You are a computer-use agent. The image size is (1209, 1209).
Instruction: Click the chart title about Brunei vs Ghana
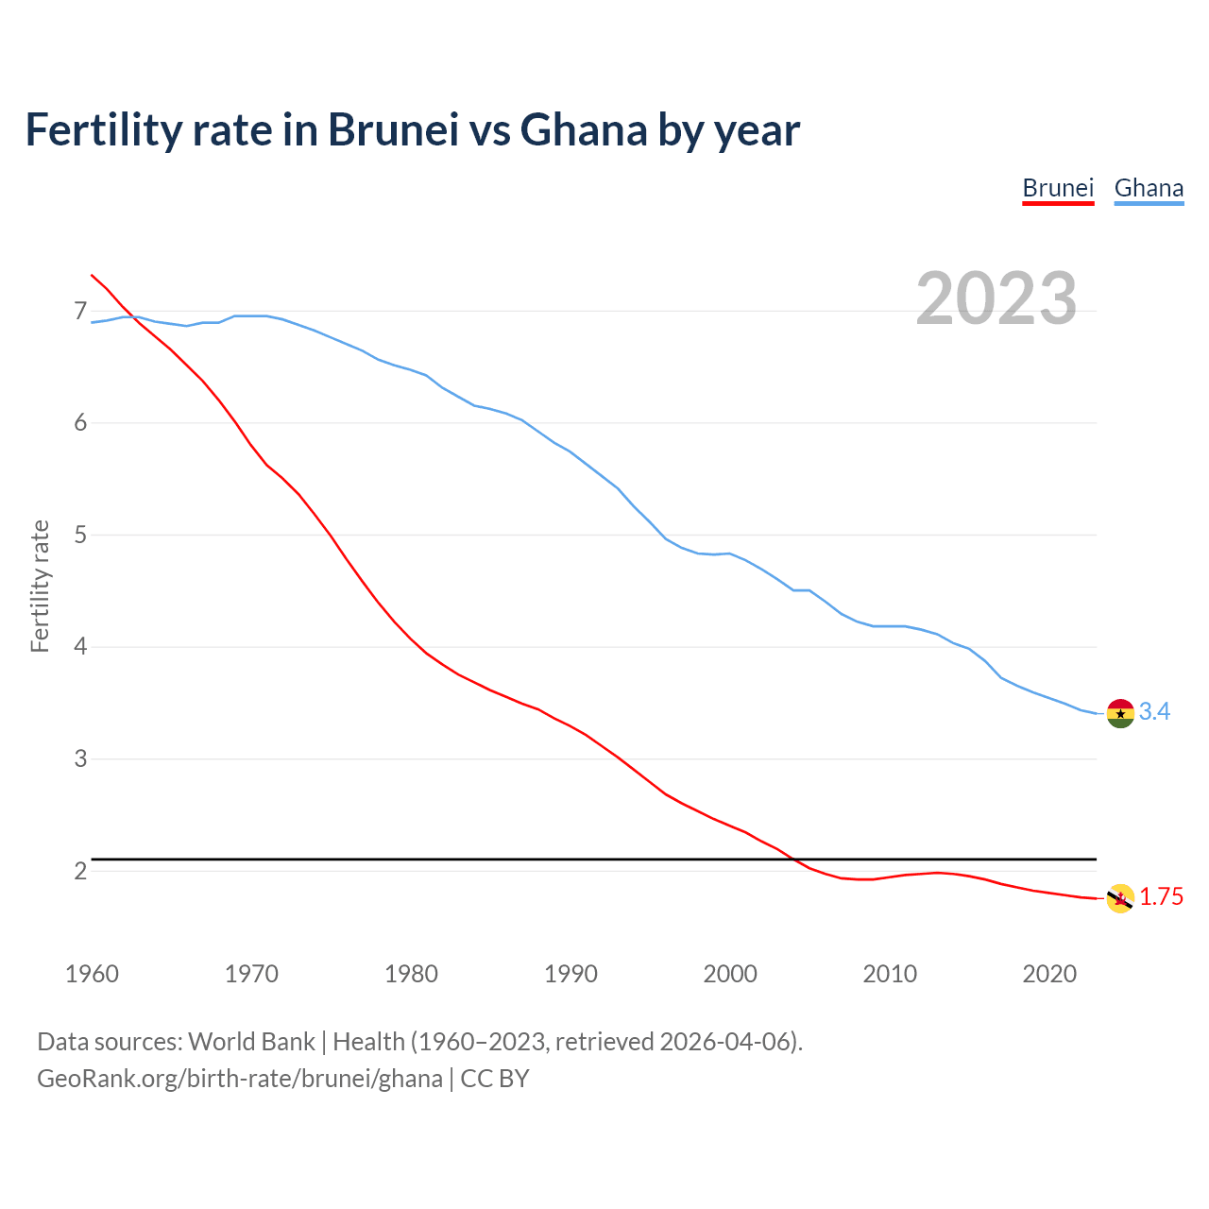tap(413, 129)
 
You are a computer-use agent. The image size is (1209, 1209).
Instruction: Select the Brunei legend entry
tap(1058, 188)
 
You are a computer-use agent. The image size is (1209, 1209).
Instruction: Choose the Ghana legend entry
tap(1149, 188)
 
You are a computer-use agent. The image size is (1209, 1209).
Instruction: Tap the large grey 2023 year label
tap(996, 298)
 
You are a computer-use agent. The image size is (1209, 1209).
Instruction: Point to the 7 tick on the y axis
tap(79, 311)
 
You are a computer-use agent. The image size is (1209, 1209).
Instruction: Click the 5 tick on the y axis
tap(79, 535)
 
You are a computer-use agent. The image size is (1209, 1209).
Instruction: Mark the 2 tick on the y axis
tap(79, 871)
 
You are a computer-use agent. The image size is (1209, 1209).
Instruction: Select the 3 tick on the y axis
tap(79, 758)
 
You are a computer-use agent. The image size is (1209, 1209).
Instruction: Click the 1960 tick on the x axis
tap(92, 974)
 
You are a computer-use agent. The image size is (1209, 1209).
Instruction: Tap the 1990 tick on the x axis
tap(570, 974)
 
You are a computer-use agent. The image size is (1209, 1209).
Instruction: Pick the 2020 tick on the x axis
tap(1049, 974)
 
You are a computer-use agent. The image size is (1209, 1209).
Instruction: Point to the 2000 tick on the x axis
tap(730, 974)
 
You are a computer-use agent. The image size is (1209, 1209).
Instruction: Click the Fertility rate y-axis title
tap(40, 586)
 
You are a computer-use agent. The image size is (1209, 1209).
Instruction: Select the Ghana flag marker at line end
tap(1120, 713)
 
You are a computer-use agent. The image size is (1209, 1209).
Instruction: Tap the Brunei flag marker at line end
tap(1120, 898)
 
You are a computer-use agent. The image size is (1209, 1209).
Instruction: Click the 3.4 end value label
tap(1154, 712)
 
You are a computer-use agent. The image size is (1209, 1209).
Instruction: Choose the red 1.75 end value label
tap(1161, 897)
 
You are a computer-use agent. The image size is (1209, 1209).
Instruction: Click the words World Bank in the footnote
tap(251, 1041)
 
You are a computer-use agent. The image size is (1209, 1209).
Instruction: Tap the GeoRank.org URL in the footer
tap(239, 1078)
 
